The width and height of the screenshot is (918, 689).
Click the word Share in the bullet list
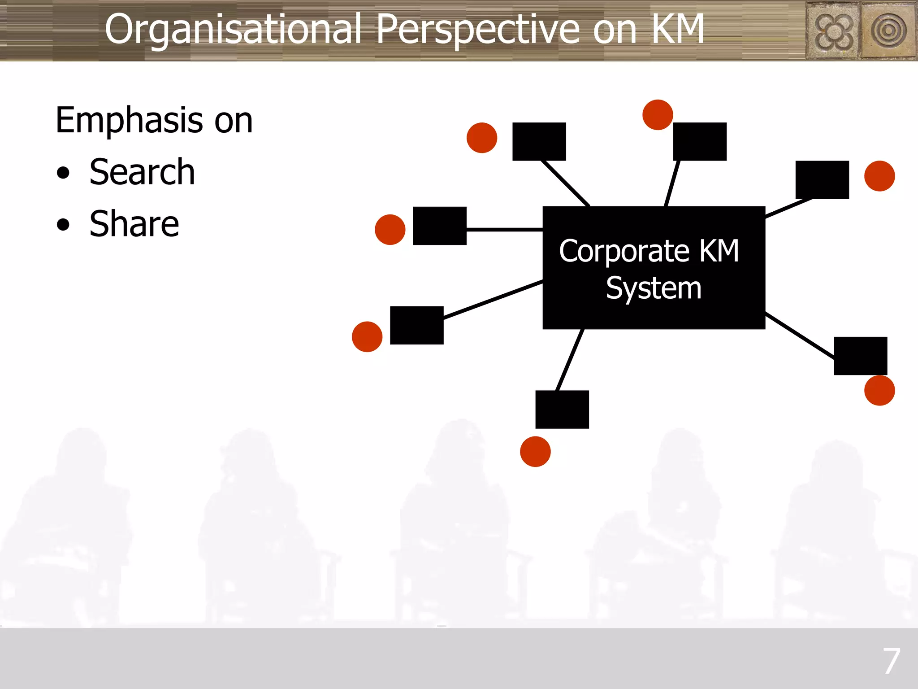click(x=134, y=224)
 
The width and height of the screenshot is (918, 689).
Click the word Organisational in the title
click(x=233, y=29)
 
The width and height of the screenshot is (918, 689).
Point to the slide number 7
click(x=891, y=661)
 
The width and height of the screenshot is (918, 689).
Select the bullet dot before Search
click(x=63, y=173)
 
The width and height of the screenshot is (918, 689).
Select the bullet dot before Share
click(x=63, y=225)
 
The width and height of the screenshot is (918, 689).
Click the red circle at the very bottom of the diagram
click(x=535, y=451)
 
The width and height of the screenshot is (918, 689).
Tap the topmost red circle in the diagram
click(x=658, y=115)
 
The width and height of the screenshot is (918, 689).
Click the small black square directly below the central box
click(x=562, y=410)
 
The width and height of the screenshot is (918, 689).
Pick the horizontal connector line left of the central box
click(x=504, y=229)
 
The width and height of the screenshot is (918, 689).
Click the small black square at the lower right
click(x=860, y=356)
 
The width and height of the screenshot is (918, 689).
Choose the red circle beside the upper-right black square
click(x=879, y=176)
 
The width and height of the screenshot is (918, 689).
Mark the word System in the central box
click(x=654, y=288)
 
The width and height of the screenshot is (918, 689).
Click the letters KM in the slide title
click(x=678, y=29)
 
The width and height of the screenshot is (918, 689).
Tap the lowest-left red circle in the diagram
click(x=367, y=336)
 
